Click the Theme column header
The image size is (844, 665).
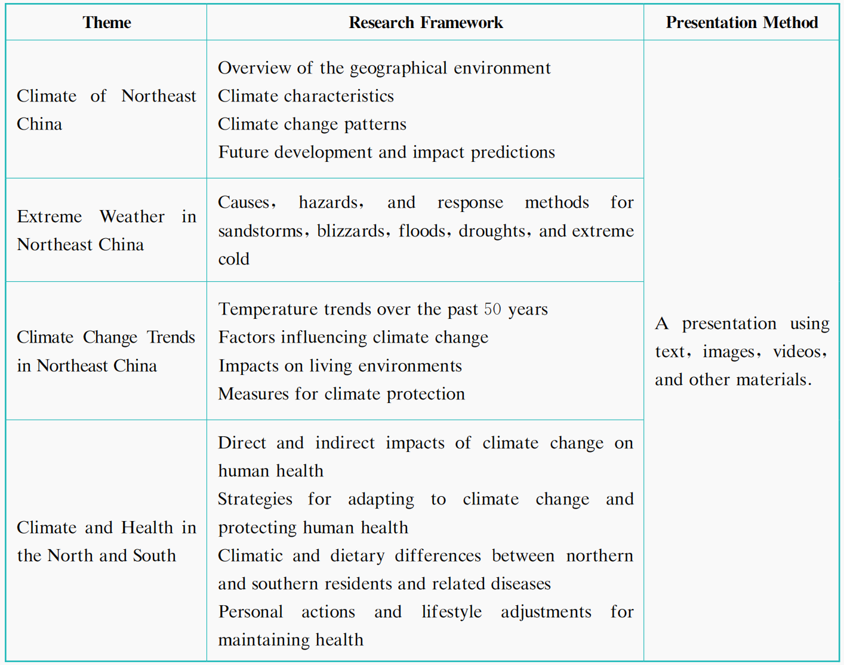107,23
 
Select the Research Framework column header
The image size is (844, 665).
426,23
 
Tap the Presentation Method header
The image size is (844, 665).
741,23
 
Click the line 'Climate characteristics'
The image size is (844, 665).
306,96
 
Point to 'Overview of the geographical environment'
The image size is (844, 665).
384,68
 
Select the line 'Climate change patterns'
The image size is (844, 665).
312,124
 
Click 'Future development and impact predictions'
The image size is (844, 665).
386,152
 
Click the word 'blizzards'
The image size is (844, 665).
350,231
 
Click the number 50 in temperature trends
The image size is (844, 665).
492,309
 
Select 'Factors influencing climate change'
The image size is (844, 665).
353,337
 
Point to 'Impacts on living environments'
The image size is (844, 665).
340,366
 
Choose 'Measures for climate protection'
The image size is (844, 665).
341,394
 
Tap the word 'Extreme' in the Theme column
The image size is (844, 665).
49,217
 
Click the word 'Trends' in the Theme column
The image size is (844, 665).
171,337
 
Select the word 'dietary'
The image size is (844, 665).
358,556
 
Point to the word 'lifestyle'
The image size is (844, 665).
451,612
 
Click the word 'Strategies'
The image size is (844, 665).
255,499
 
